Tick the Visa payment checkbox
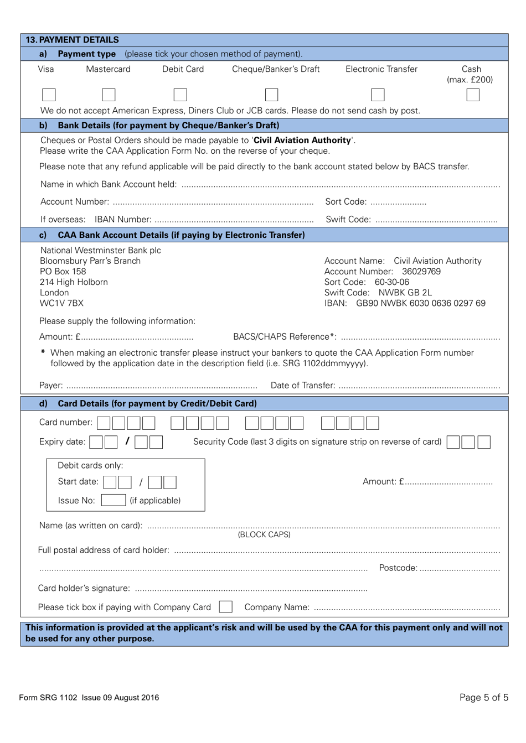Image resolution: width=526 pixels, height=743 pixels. (x=49, y=95)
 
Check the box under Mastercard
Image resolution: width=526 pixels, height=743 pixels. (x=109, y=95)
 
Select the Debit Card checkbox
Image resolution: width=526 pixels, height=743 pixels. (x=180, y=95)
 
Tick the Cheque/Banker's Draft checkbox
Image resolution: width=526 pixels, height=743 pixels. (x=271, y=95)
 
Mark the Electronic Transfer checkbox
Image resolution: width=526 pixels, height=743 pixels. (x=378, y=95)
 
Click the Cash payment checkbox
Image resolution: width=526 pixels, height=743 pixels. (x=472, y=95)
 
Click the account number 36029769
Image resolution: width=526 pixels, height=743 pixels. (x=421, y=271)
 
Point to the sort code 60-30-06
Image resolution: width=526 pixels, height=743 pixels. (x=392, y=282)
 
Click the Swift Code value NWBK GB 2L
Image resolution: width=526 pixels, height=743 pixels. (x=405, y=293)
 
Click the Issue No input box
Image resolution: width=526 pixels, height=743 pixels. (x=114, y=500)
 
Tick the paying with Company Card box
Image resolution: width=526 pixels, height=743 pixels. (x=225, y=607)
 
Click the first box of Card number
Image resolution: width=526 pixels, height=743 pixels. (x=104, y=423)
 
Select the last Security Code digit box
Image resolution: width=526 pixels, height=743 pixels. (x=484, y=442)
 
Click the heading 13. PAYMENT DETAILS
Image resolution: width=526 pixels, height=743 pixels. (x=73, y=40)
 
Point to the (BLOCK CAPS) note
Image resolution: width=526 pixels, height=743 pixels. (x=264, y=534)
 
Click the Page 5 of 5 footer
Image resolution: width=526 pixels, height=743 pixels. (x=483, y=697)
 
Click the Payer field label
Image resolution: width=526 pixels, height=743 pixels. (x=50, y=385)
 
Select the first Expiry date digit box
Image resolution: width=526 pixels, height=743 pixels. (x=96, y=442)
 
